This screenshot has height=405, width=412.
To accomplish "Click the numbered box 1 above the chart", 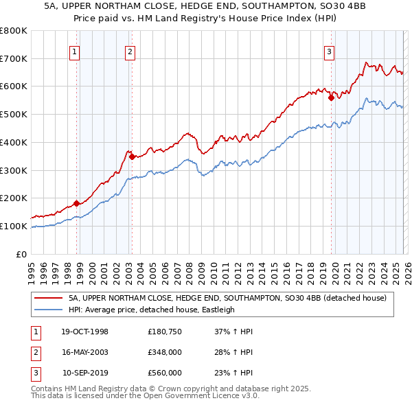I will tap(74, 50).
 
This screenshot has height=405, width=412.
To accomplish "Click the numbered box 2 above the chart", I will tap(130, 50).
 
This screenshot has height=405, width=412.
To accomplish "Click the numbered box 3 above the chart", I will tap(330, 50).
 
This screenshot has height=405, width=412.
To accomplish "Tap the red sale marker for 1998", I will tap(77, 203).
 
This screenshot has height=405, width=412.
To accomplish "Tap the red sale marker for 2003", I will tap(132, 157).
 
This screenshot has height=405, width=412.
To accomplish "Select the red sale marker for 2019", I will tap(331, 97).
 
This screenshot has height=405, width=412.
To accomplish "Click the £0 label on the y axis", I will tap(22, 254).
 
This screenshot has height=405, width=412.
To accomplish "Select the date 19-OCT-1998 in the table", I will tap(84, 332).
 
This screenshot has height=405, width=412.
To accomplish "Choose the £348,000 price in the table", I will tap(164, 352).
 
